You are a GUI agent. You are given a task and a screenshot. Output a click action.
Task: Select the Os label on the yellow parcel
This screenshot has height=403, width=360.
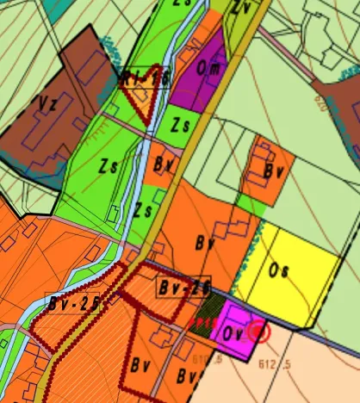(x=278, y=270)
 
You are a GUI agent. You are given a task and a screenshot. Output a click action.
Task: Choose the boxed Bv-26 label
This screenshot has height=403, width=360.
(x=184, y=287)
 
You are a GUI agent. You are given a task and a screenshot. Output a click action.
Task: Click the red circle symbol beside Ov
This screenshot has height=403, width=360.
(x=258, y=330)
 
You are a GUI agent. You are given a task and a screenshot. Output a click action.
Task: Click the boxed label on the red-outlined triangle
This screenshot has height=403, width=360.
(x=144, y=79)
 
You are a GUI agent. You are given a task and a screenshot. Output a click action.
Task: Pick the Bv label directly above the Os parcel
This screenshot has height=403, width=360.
(x=274, y=170)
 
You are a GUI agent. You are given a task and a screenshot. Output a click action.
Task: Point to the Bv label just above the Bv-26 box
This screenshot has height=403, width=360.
(x=205, y=244)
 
